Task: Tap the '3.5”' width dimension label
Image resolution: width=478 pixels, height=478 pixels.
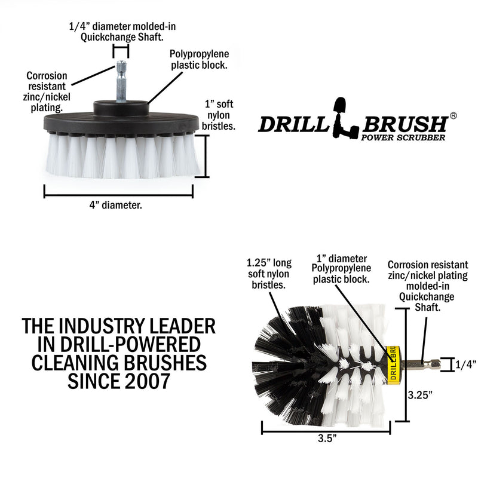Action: (x=326, y=438)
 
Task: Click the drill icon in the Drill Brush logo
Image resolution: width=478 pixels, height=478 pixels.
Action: (x=348, y=116)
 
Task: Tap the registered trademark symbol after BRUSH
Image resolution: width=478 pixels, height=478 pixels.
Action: (x=454, y=115)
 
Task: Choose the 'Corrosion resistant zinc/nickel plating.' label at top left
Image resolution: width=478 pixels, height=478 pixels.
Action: (x=47, y=92)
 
